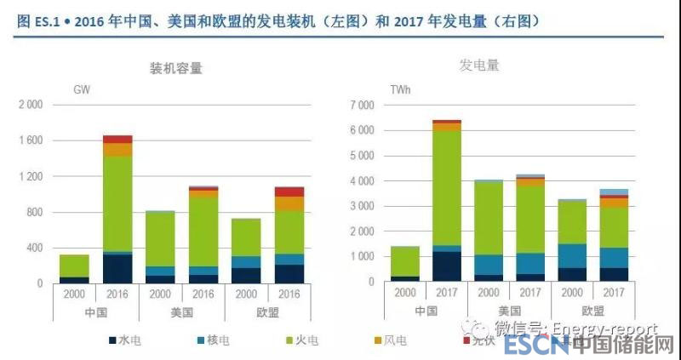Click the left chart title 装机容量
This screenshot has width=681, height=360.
(x=176, y=68)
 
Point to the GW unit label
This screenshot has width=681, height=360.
(x=82, y=89)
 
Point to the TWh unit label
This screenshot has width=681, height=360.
(x=401, y=89)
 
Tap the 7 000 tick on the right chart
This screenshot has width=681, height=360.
(x=362, y=106)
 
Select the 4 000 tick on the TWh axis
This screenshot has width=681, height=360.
(x=362, y=181)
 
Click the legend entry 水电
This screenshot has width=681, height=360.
(x=128, y=340)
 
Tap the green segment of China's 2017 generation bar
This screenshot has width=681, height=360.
(x=446, y=187)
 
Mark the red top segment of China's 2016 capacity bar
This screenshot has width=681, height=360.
(x=117, y=139)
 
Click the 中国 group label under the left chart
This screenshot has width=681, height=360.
(x=95, y=312)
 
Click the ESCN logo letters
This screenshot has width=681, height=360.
(x=534, y=346)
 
